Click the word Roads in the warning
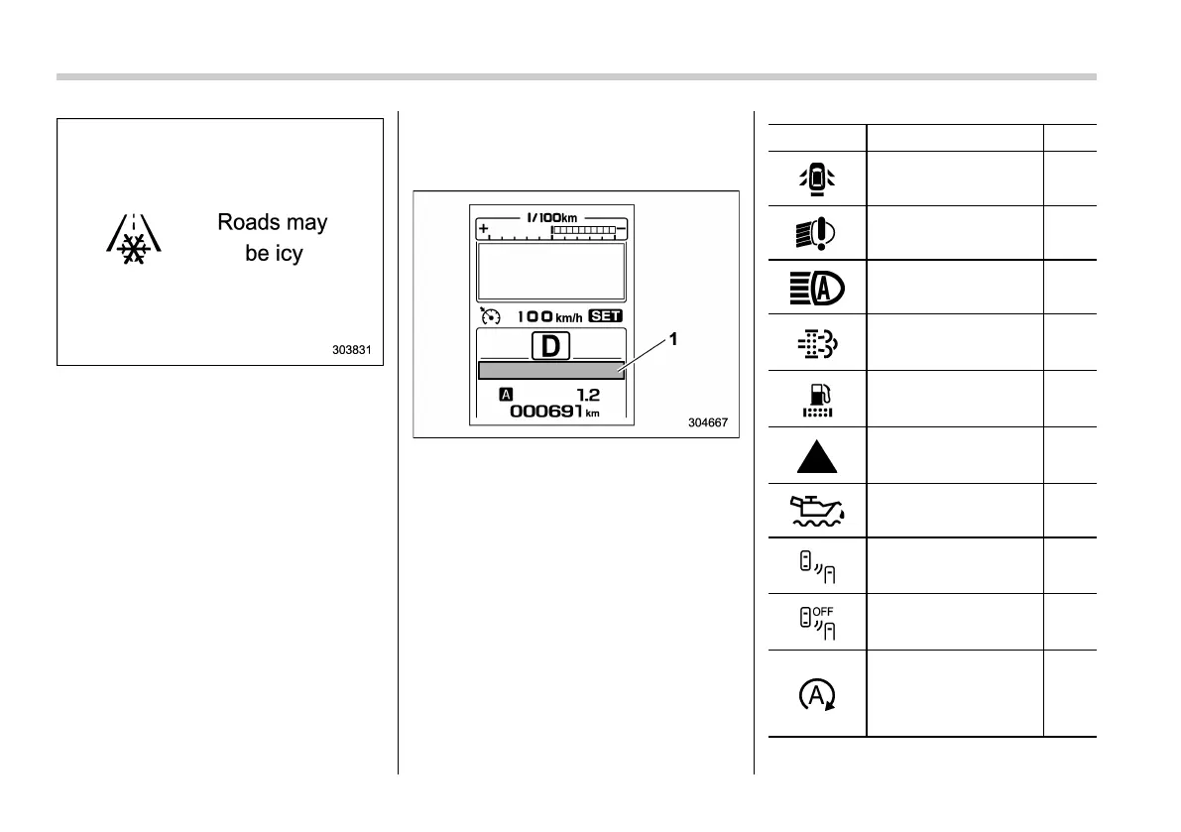(245, 222)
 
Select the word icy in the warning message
(288, 254)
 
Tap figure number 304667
(708, 422)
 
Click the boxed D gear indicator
(551, 346)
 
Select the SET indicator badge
(604, 316)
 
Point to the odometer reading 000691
(556, 412)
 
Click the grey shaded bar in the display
(550, 371)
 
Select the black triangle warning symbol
(816, 456)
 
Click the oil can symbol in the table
(816, 510)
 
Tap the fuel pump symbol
(816, 400)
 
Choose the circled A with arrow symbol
(816, 694)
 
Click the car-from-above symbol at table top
(816, 178)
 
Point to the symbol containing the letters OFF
(816, 622)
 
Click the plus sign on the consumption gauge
(485, 229)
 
